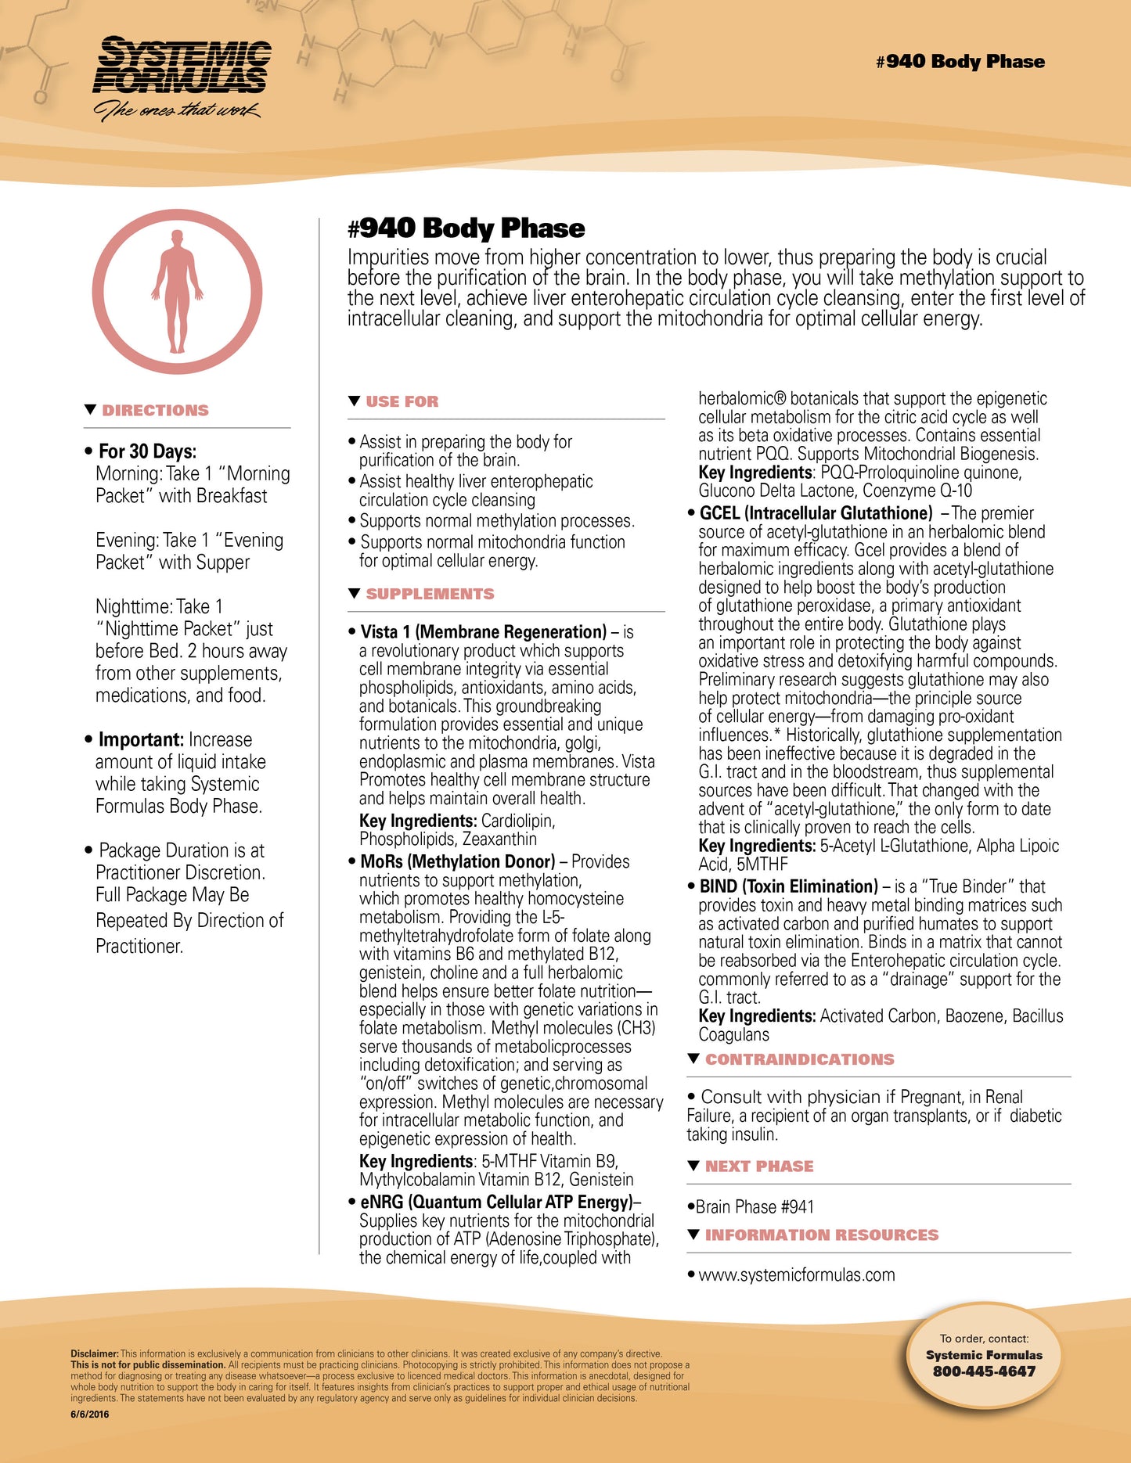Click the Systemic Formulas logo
pyautogui.click(x=182, y=77)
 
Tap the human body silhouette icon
pyautogui.click(x=178, y=290)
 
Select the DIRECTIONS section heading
pyautogui.click(x=155, y=411)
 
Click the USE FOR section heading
pyautogui.click(x=402, y=402)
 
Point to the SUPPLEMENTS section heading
pyautogui.click(x=430, y=595)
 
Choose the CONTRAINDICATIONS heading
pyautogui.click(x=799, y=1060)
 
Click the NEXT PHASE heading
pyautogui.click(x=759, y=1166)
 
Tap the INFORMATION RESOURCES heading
pyautogui.click(x=821, y=1235)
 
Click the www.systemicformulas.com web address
pyautogui.click(x=796, y=1275)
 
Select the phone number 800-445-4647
pyautogui.click(x=984, y=1371)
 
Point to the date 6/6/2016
pyautogui.click(x=90, y=1414)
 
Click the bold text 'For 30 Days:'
pyautogui.click(x=147, y=451)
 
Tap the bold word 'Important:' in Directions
pyautogui.click(x=141, y=740)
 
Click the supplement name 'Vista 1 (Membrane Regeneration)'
pyautogui.click(x=483, y=632)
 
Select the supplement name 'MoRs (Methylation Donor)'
pyautogui.click(x=457, y=862)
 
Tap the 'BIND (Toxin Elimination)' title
pyautogui.click(x=788, y=887)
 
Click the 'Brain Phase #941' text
pyautogui.click(x=755, y=1207)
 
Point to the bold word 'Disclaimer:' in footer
pyautogui.click(x=95, y=1353)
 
